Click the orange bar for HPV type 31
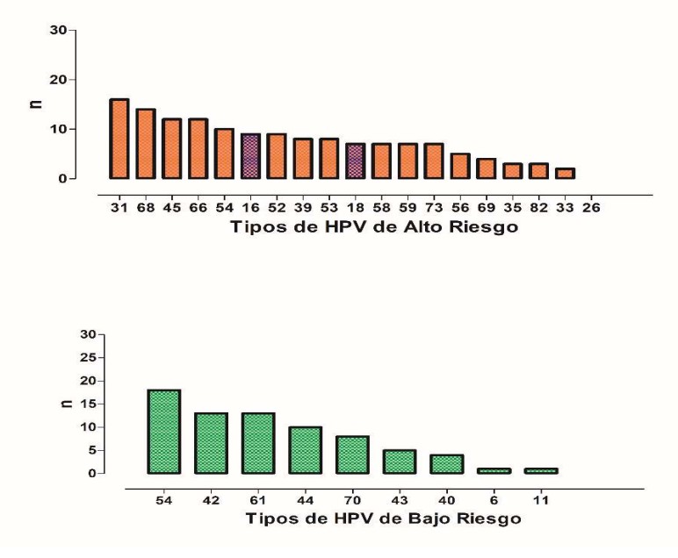click(119, 139)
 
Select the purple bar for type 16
click(250, 156)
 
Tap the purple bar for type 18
click(355, 161)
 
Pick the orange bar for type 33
click(565, 174)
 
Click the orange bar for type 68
click(146, 144)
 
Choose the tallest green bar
click(163, 432)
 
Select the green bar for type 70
click(352, 454)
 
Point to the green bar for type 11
click(541, 471)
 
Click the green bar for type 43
click(400, 461)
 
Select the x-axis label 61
click(258, 498)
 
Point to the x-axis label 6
click(494, 498)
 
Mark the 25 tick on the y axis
click(87, 357)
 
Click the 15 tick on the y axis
click(87, 404)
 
